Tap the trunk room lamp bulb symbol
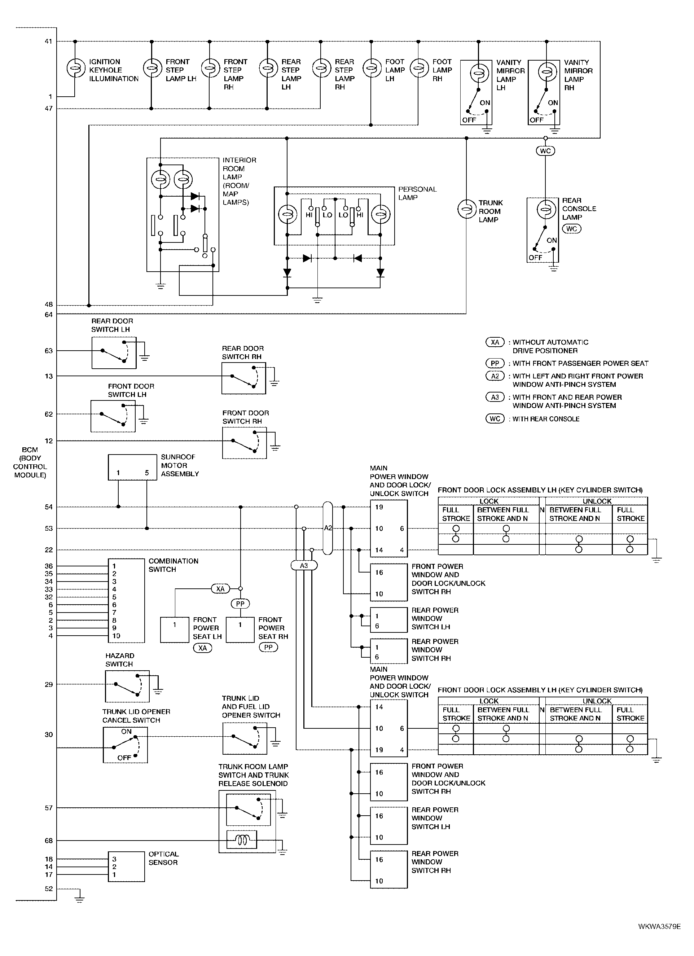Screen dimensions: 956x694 pyautogui.click(x=466, y=210)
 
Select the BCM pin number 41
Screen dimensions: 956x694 pyautogui.click(x=48, y=41)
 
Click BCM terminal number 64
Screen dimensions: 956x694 pyautogui.click(x=48, y=315)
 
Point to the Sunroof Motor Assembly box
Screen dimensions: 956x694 pyautogui.click(x=132, y=467)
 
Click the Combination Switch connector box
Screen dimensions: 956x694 pyautogui.click(x=126, y=601)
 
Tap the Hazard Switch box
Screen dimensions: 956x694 pyautogui.click(x=127, y=686)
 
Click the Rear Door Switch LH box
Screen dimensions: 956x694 pyautogui.click(x=114, y=353)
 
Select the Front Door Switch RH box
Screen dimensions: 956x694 pyautogui.click(x=245, y=443)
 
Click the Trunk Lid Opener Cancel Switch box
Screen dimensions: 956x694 pyautogui.click(x=125, y=745)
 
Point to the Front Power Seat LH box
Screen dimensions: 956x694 pyautogui.click(x=175, y=630)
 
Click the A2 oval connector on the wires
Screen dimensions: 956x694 pyautogui.click(x=328, y=528)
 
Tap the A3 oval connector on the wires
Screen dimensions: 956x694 pyautogui.click(x=304, y=566)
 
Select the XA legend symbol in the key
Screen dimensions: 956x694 pyautogui.click(x=495, y=342)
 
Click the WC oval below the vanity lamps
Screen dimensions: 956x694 pyautogui.click(x=545, y=151)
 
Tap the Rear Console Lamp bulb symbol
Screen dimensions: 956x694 pyautogui.click(x=546, y=210)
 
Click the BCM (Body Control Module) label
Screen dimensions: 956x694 pyautogui.click(x=30, y=462)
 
